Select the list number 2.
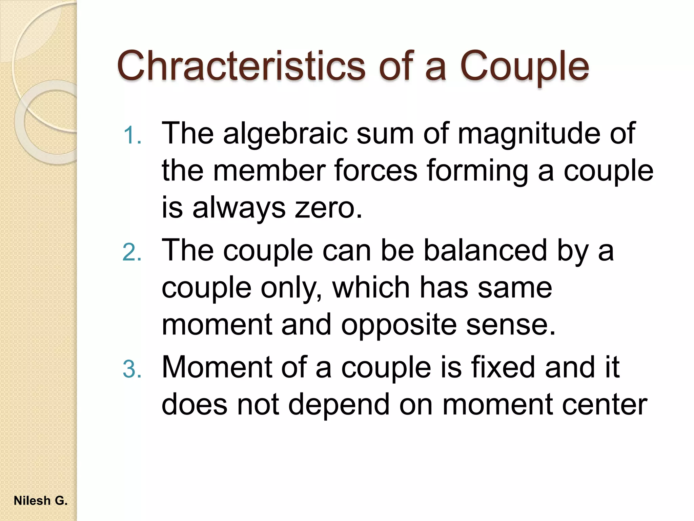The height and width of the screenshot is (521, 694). [x=132, y=252]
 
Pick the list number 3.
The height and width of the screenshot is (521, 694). [x=132, y=369]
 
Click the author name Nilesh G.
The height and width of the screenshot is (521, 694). [x=41, y=501]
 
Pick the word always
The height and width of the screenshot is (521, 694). [x=239, y=208]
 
